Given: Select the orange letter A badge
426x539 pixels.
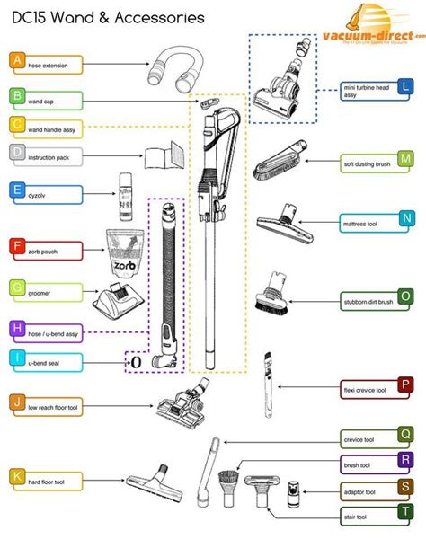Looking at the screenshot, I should click(x=16, y=61).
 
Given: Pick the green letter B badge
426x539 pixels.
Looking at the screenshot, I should click(x=16, y=95).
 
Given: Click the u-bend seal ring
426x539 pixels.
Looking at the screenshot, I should click(x=134, y=362).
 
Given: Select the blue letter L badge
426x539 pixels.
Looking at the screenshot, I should click(x=405, y=87).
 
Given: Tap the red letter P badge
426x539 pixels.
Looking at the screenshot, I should click(x=406, y=384).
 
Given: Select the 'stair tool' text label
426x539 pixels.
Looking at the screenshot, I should click(x=355, y=517).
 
